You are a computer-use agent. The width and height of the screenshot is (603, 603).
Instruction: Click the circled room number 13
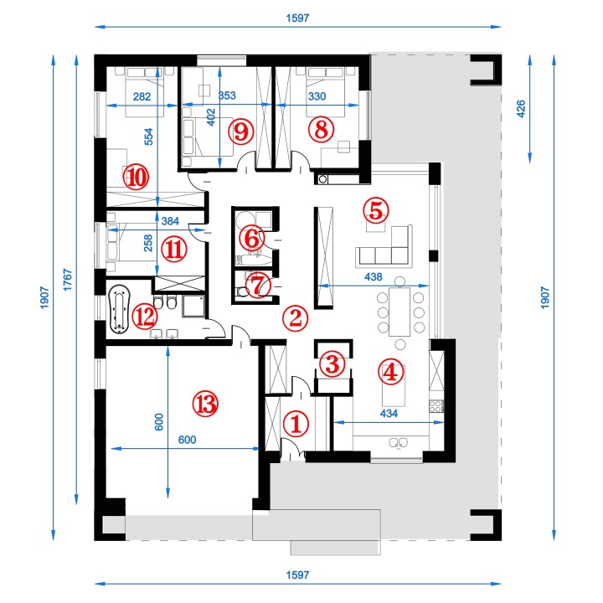click(205, 404)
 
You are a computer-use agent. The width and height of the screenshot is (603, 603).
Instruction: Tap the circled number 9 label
click(241, 131)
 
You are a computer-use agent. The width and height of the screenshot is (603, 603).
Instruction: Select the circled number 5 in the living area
click(376, 210)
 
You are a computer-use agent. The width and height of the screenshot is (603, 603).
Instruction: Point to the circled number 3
click(332, 363)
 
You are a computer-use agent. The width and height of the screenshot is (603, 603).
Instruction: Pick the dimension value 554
click(149, 137)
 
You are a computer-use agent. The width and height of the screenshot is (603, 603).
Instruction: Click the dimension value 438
click(373, 276)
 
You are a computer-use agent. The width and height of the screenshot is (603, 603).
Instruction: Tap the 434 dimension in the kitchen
click(389, 414)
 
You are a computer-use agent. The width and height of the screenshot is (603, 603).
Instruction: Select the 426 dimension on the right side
click(520, 109)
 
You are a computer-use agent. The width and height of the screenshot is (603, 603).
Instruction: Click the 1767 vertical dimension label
click(67, 280)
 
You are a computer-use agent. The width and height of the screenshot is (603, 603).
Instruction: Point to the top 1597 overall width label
click(297, 18)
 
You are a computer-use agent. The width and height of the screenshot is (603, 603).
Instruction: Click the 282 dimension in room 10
click(142, 96)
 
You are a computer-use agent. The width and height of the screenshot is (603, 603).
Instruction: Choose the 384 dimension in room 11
click(170, 221)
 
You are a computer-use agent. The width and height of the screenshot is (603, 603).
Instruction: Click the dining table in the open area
click(400, 312)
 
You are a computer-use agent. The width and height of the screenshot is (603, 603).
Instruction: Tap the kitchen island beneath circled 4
click(394, 386)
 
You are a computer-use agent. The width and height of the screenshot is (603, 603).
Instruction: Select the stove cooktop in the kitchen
click(436, 406)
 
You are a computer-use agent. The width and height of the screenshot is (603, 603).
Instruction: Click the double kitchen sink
click(399, 443)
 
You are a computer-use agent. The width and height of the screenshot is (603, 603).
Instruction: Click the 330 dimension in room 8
click(317, 96)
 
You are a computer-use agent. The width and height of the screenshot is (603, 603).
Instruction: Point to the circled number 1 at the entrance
click(296, 424)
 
